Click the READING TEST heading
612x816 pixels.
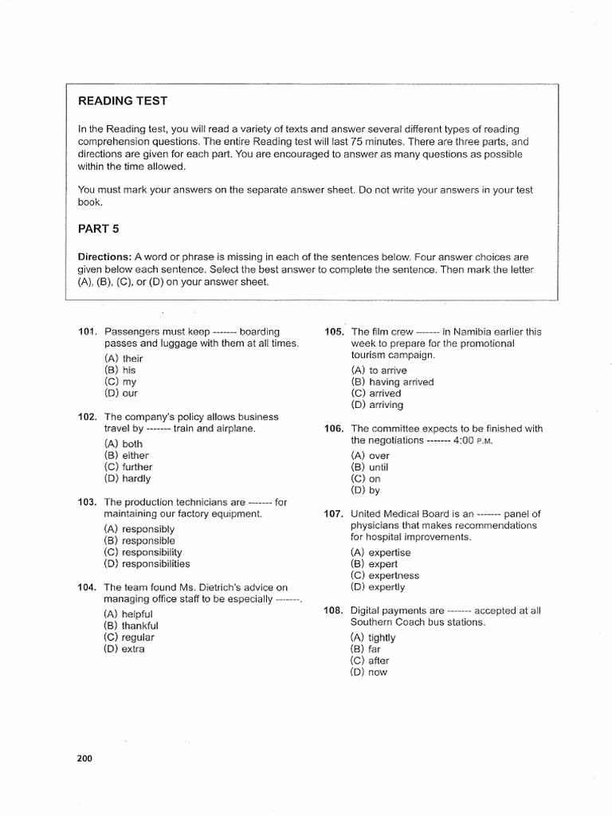122,101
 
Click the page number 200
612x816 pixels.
85,758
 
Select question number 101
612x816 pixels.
87,331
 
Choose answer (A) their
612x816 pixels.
124,359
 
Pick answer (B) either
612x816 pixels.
126,456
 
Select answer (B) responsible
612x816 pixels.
139,540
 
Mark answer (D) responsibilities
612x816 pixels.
147,563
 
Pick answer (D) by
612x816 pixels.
365,490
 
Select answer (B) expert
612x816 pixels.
371,563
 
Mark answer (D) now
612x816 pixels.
368,672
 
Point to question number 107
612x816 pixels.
333,513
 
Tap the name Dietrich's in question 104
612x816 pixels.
215,587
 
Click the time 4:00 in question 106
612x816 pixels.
465,440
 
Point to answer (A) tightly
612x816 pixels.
372,637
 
